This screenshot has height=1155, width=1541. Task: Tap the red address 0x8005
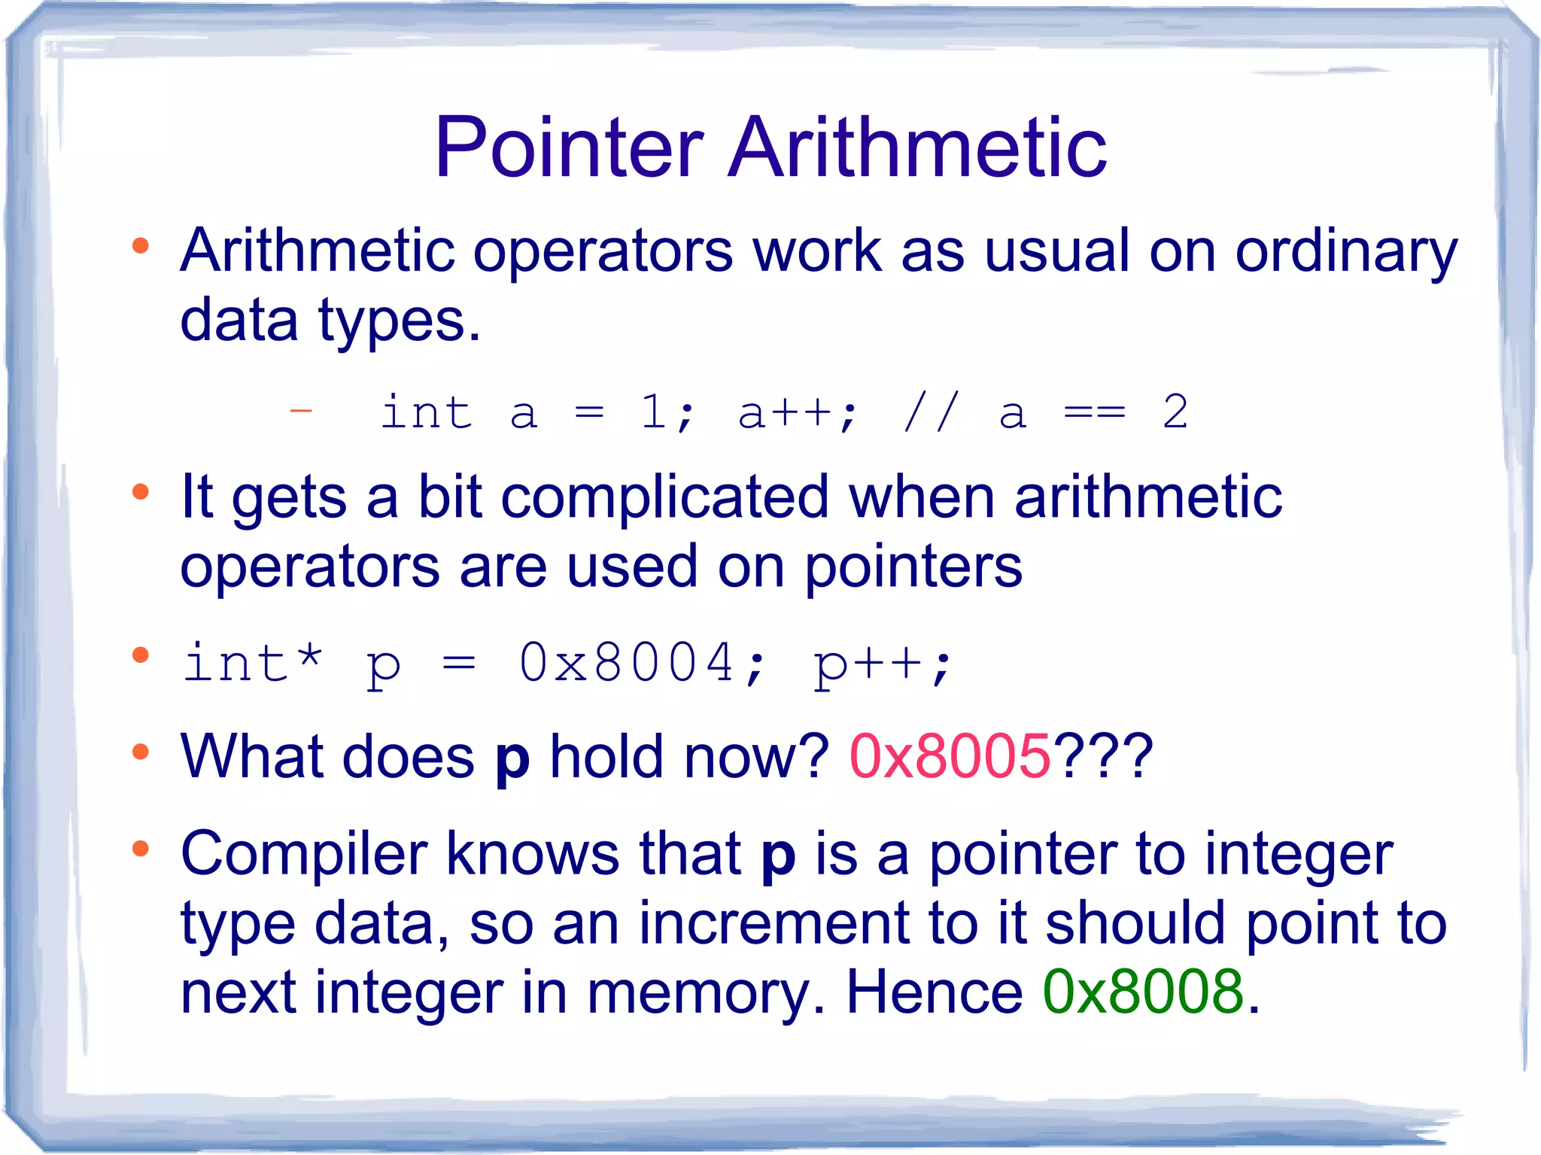coord(950,756)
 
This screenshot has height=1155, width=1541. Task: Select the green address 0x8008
coord(1143,992)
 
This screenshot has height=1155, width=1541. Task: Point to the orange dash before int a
coord(301,411)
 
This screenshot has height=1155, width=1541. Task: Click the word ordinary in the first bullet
coord(1346,252)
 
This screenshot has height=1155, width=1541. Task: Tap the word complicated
coord(664,497)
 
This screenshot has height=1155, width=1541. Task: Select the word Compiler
coord(304,854)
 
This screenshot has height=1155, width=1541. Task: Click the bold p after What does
coord(512,758)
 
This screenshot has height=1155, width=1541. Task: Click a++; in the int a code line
coord(797,412)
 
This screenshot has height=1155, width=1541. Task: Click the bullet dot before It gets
coord(141,492)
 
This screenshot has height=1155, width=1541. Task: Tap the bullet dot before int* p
coord(141,655)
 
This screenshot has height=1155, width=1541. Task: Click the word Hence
coord(934,992)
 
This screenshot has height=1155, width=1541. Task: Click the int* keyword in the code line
coord(253,662)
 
